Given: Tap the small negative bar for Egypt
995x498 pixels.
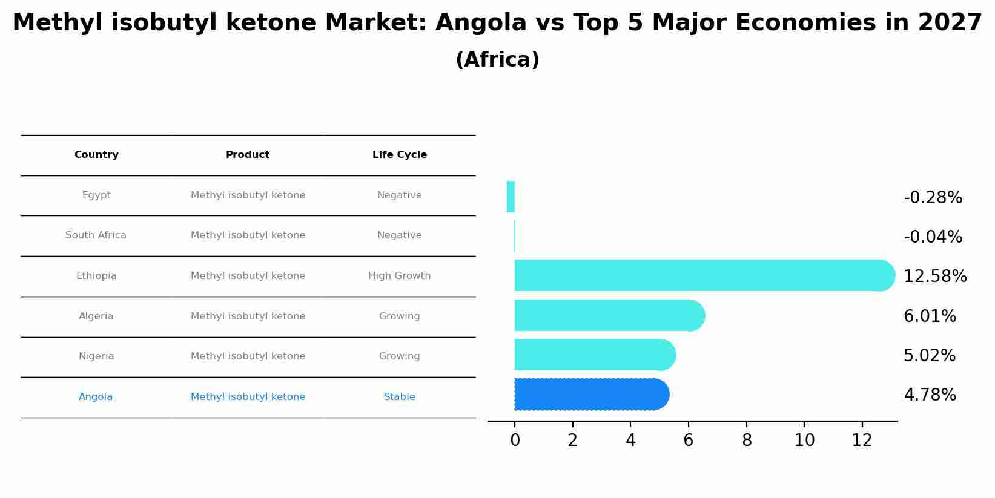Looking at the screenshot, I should (511, 197).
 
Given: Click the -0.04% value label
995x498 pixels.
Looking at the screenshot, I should (933, 237).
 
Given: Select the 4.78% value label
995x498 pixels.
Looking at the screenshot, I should (930, 395).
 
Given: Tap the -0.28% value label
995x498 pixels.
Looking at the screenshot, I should (933, 198).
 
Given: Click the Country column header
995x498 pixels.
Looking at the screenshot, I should (96, 155).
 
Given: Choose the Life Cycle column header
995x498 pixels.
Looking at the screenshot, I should (399, 155).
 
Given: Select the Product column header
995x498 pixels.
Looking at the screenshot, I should (248, 155).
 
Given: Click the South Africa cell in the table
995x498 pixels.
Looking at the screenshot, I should (96, 235).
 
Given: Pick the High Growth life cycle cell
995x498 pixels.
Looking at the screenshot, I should (399, 276).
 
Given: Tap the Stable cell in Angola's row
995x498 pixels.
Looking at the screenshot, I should (399, 397).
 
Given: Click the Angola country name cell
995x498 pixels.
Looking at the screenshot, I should (96, 397).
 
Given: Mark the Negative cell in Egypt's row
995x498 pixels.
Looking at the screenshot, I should (399, 195).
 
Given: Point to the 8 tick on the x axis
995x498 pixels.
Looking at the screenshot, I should (747, 441).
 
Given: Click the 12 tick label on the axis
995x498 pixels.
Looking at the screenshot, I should (862, 441).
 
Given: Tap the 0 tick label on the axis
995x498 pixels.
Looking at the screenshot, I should (515, 441).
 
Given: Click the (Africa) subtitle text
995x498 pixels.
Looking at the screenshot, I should (497, 60).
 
